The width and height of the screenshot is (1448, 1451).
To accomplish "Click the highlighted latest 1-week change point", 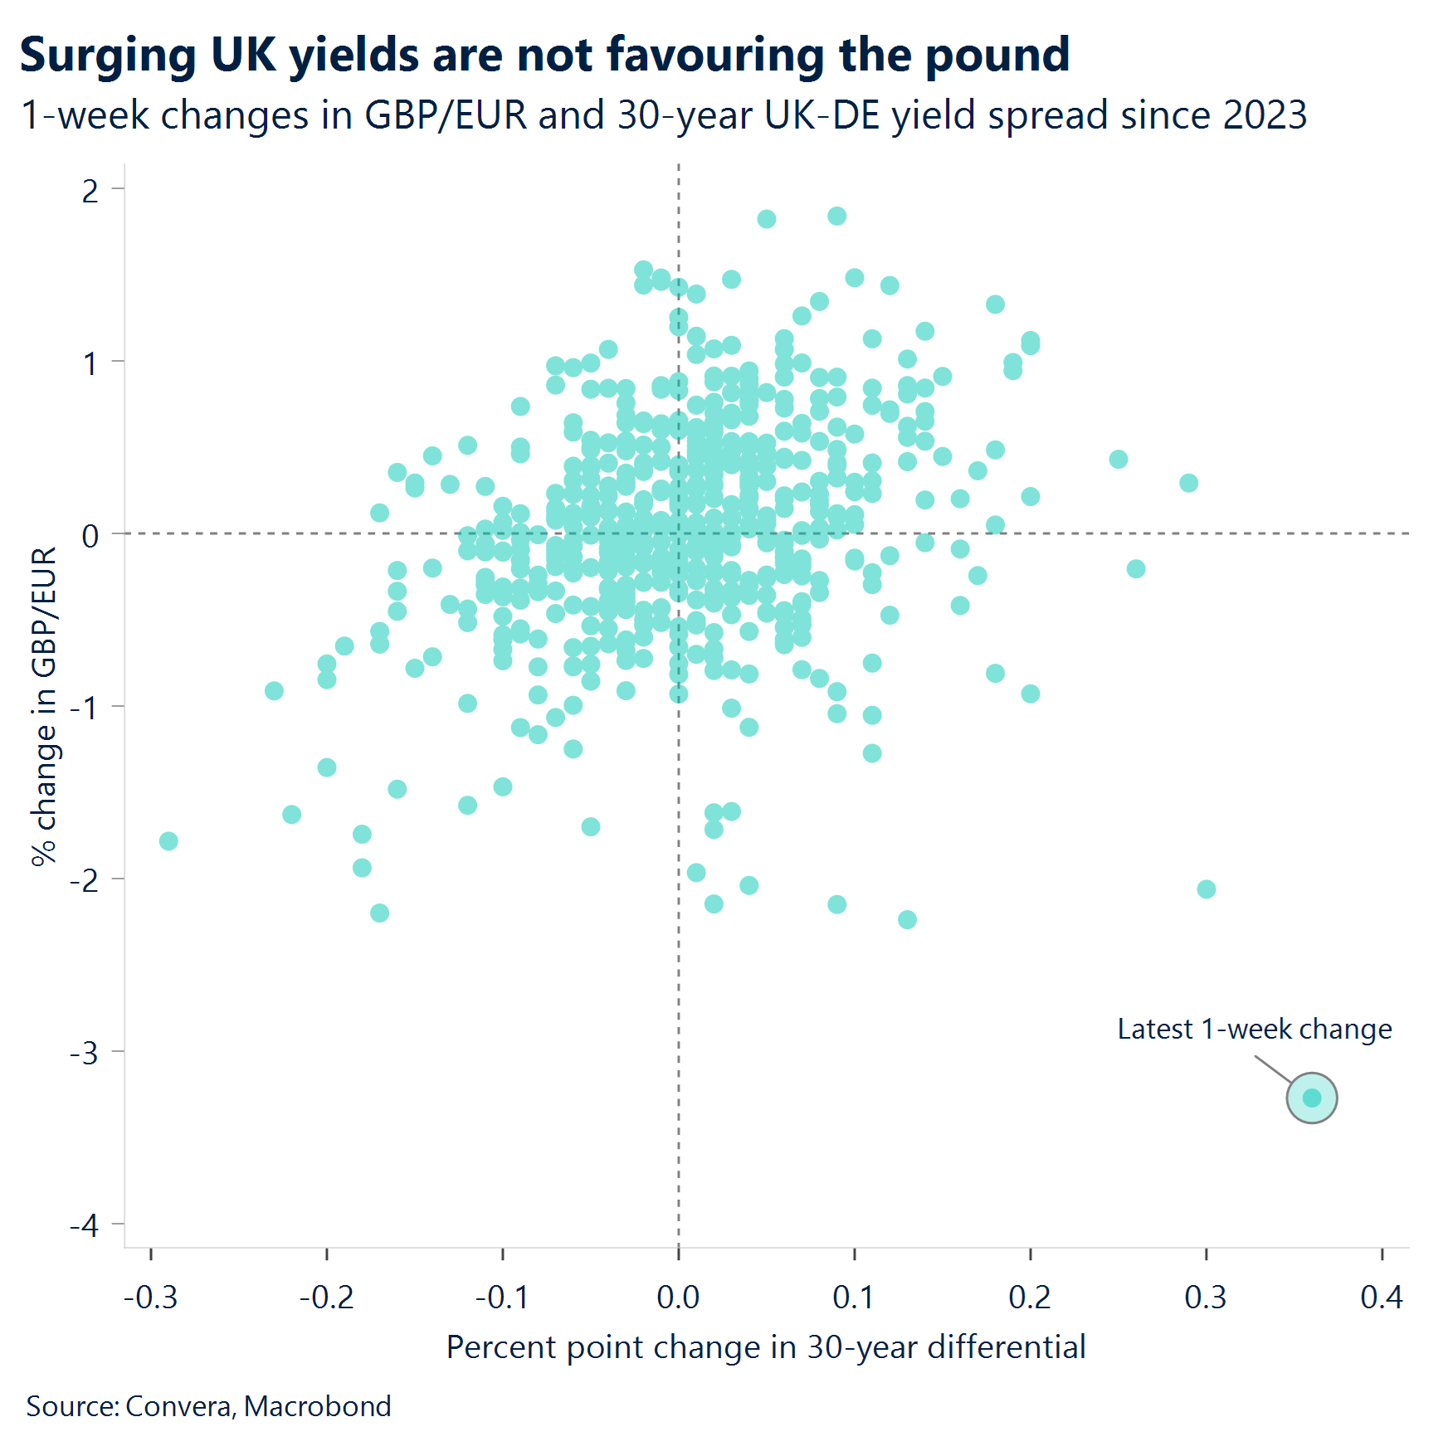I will [x=1311, y=1098].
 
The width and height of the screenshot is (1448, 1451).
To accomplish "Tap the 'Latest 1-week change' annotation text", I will [x=1254, y=1029].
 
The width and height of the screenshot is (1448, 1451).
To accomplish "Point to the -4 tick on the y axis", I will [x=85, y=1225].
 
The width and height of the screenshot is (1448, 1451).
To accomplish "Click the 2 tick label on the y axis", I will [x=90, y=191].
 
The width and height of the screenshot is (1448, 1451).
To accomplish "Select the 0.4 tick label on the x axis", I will [x=1381, y=1297].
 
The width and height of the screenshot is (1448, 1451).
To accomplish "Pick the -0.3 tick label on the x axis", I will [x=151, y=1297].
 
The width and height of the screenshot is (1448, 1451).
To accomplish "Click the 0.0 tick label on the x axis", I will [x=678, y=1297].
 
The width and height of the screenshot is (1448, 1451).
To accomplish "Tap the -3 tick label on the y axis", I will [x=85, y=1053].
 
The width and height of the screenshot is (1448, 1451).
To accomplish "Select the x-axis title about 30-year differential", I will [x=765, y=1346].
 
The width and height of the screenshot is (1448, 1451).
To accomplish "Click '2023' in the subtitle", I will [x=1265, y=114].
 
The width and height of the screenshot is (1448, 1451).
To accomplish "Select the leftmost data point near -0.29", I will [x=168, y=841].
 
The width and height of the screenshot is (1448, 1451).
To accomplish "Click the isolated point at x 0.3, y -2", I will [x=1206, y=889].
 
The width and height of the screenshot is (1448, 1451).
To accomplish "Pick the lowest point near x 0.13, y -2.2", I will [x=907, y=919].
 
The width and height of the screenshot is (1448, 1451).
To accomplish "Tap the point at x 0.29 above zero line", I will [x=1188, y=482].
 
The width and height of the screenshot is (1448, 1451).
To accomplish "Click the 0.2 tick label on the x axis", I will [x=1030, y=1297].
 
